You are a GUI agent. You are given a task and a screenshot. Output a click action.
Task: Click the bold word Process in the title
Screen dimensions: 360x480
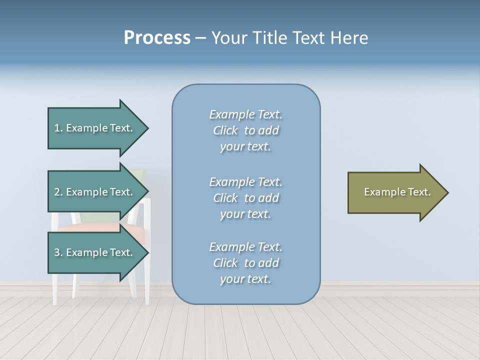(x=157, y=38)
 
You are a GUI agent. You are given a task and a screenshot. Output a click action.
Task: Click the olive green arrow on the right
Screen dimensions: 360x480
(x=395, y=192)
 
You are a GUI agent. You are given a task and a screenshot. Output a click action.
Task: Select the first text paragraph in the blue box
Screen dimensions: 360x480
(x=245, y=130)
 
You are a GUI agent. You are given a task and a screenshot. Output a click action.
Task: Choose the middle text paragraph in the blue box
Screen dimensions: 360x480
(x=245, y=198)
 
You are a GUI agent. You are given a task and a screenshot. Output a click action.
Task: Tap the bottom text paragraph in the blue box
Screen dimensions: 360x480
(x=245, y=263)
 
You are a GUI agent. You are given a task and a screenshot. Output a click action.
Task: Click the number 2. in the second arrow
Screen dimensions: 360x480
(x=58, y=192)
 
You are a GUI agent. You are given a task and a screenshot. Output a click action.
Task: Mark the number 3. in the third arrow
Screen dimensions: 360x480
(x=58, y=252)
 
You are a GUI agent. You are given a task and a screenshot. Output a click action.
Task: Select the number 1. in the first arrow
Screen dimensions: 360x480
(x=58, y=128)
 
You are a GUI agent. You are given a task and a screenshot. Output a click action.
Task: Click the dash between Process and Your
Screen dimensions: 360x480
(x=200, y=38)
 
